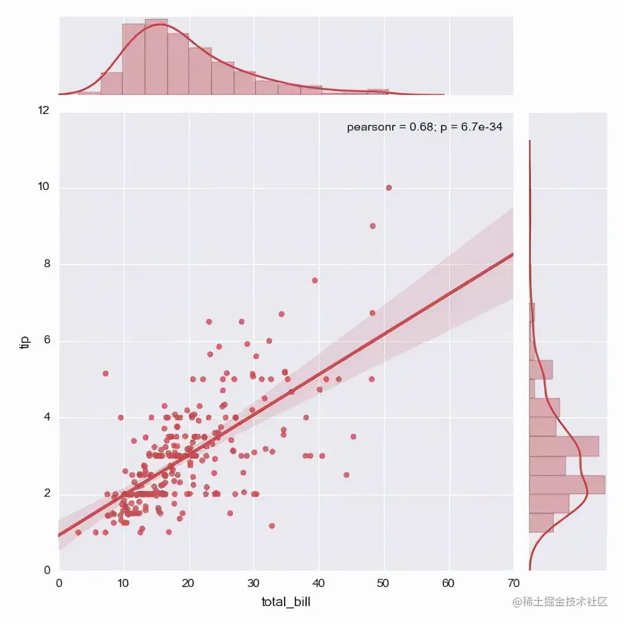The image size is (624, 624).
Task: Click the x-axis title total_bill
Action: click(x=286, y=602)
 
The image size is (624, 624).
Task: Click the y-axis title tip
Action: click(x=24, y=343)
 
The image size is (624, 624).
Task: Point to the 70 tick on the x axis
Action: click(x=513, y=584)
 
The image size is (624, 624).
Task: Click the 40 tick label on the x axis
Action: click(x=319, y=584)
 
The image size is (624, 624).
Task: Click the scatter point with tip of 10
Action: click(x=389, y=188)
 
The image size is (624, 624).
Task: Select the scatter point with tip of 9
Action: click(x=373, y=226)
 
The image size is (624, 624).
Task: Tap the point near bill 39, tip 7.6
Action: click(x=315, y=281)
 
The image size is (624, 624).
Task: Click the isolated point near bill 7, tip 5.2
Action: click(x=106, y=373)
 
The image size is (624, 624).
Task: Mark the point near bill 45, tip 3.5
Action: click(x=353, y=436)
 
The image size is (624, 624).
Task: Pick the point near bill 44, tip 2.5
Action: click(x=346, y=475)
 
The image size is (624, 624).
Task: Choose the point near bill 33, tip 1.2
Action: click(x=272, y=525)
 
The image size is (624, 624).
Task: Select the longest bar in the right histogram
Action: click(x=567, y=484)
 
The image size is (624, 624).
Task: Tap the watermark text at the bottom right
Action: click(x=560, y=601)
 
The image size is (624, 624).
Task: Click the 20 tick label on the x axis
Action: click(x=189, y=584)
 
